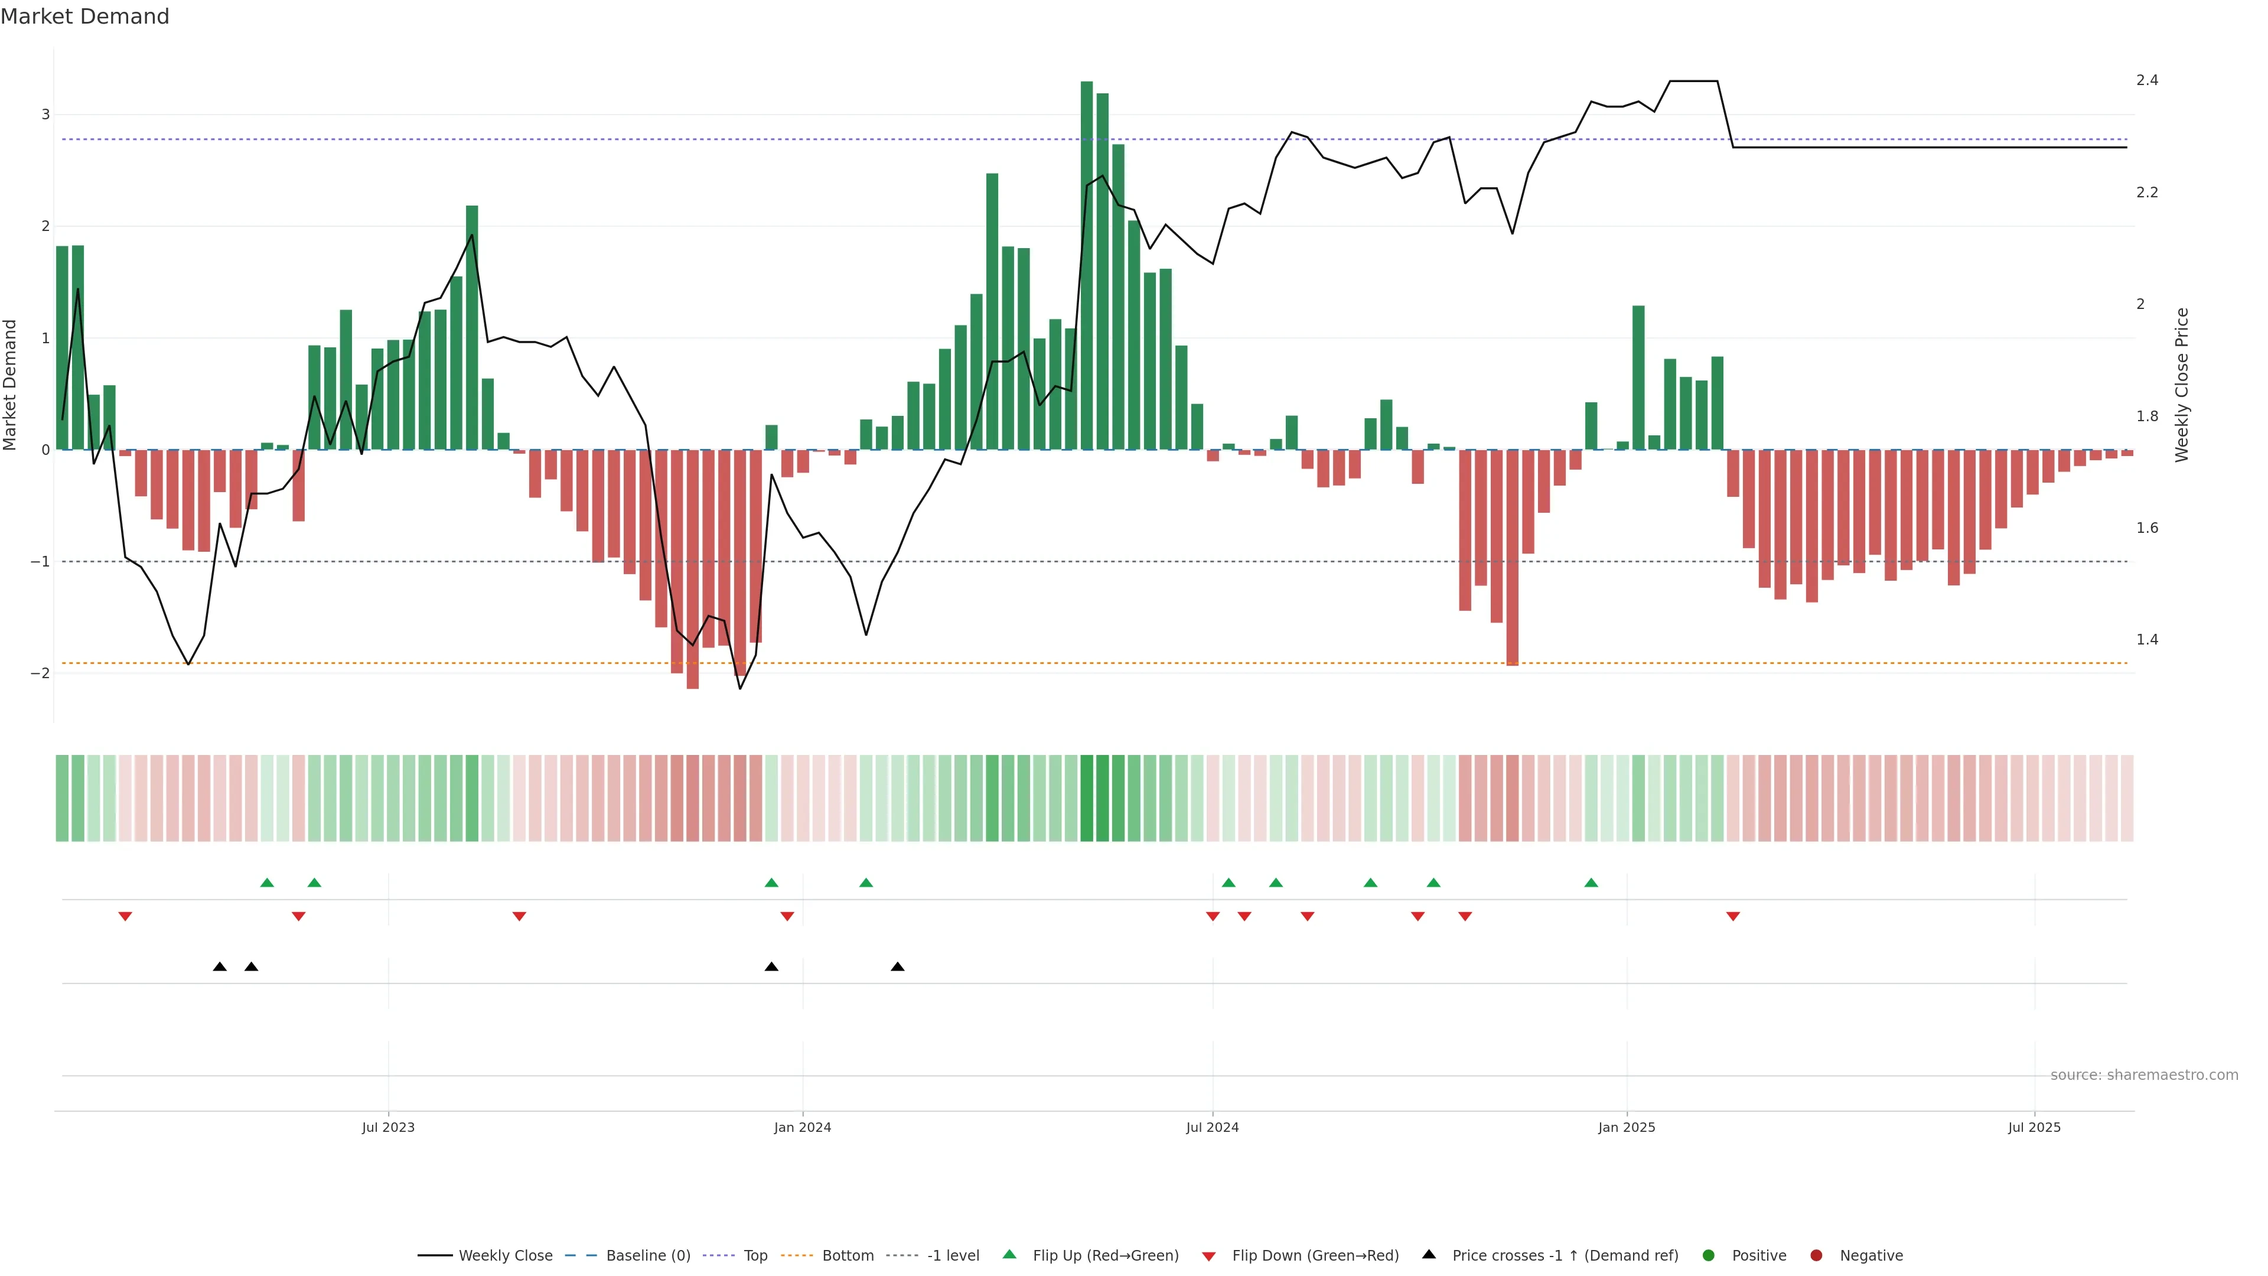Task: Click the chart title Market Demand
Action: tap(84, 17)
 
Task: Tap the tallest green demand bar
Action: tap(1087, 264)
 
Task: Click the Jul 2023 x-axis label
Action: tap(387, 1127)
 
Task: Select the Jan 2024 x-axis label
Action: tap(802, 1127)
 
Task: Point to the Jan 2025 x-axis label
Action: tap(1626, 1127)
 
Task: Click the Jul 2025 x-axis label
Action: tap(2034, 1127)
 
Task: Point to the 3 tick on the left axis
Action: tap(46, 115)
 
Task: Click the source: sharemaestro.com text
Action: tap(2144, 1075)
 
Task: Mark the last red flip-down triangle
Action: tap(1733, 917)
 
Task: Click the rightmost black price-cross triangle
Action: tap(897, 967)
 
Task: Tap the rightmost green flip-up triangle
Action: tap(1591, 883)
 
